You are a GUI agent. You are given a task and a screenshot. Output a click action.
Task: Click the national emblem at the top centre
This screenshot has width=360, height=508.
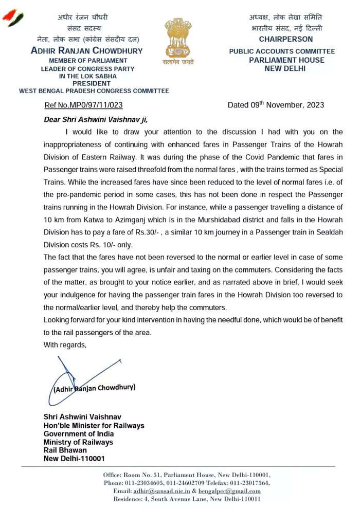coord(179,40)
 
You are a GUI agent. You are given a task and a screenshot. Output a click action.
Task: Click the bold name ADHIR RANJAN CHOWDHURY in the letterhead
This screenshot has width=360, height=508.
coord(87,51)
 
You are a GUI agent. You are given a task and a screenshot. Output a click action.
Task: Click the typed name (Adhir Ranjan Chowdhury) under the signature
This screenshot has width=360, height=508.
coord(95,387)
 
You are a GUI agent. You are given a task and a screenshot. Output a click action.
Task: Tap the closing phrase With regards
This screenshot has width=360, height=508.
coord(65,344)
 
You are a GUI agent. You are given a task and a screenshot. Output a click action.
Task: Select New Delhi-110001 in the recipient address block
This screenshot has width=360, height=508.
coord(74,458)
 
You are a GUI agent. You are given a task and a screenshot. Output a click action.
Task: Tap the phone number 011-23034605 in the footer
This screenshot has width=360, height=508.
coord(146,483)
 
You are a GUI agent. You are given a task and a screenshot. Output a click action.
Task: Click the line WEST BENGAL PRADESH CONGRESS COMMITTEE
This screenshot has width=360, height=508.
coord(94,91)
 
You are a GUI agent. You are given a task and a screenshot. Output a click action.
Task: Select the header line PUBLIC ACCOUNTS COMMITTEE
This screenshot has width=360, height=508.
coord(282,51)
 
